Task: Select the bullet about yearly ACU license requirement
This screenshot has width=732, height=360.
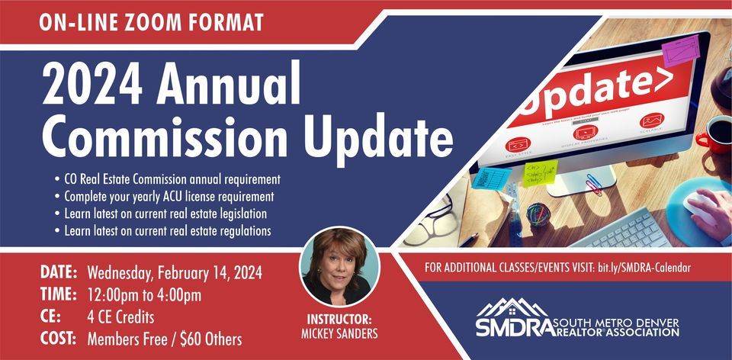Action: pyautogui.click(x=164, y=196)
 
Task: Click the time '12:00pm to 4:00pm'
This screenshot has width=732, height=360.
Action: pyautogui.click(x=145, y=294)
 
